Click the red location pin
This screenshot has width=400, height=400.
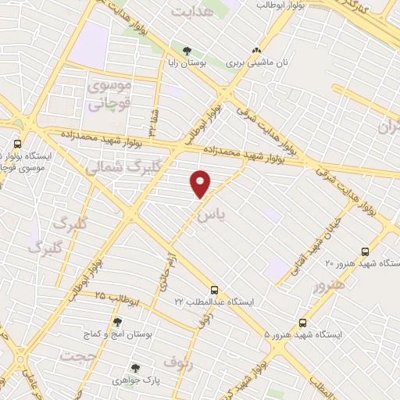pyautogui.click(x=202, y=184)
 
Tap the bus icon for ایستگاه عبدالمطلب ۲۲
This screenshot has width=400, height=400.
pyautogui.click(x=215, y=289)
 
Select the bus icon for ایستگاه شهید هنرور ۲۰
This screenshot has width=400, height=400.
pyautogui.click(x=365, y=252)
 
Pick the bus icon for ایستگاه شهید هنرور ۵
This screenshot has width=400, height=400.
pyautogui.click(x=303, y=322)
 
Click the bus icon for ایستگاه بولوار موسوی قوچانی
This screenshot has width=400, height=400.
pyautogui.click(x=17, y=145)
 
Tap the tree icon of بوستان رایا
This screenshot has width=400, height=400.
pyautogui.click(x=185, y=51)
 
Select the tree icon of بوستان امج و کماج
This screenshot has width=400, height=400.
pyautogui.click(x=117, y=322)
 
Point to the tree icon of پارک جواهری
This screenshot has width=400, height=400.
pyautogui.click(x=135, y=367)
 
